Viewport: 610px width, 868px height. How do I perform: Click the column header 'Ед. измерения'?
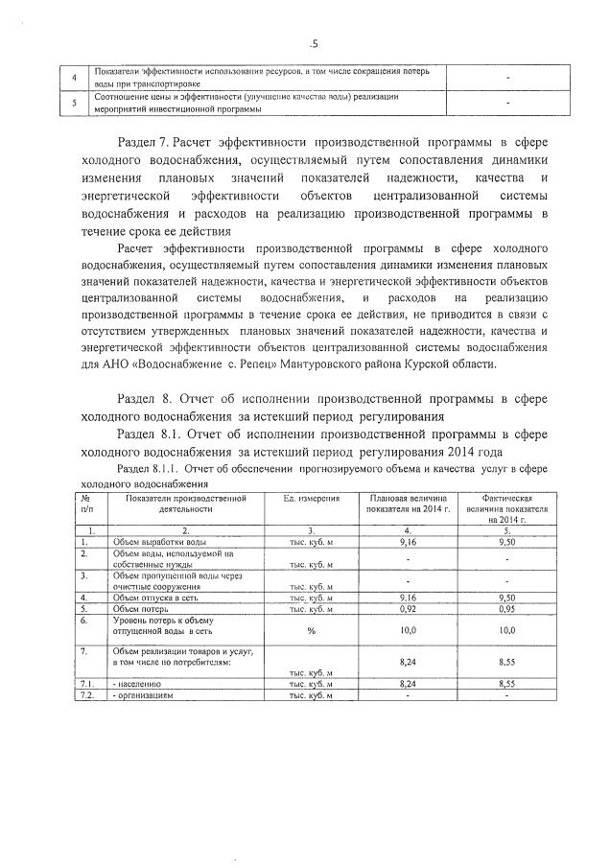click(309, 500)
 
